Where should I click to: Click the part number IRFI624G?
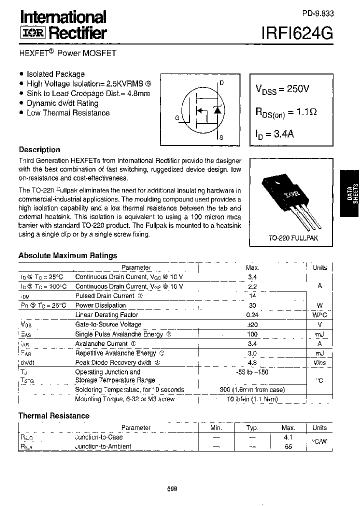click(x=297, y=32)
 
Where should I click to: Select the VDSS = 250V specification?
click(x=282, y=89)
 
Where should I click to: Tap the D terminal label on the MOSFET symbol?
click(x=221, y=83)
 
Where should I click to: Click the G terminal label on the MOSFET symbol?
click(x=177, y=118)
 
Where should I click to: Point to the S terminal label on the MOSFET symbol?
click(x=221, y=137)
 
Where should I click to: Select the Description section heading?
click(x=39, y=149)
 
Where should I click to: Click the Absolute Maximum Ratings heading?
click(x=67, y=255)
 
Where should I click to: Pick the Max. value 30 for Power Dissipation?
click(x=252, y=305)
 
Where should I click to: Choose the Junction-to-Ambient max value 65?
click(x=288, y=446)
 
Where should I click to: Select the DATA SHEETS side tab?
click(x=349, y=193)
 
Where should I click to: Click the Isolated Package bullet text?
click(x=55, y=74)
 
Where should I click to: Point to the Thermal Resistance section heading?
click(x=54, y=415)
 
